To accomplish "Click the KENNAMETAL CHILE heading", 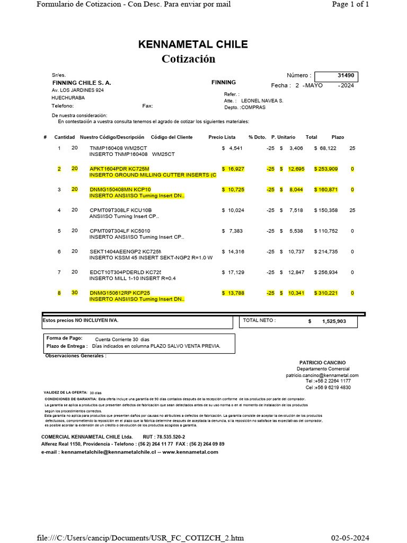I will (x=193, y=45).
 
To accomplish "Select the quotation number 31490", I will (x=346, y=75).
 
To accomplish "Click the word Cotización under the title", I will (x=188, y=58).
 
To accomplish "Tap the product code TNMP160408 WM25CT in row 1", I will (x=118, y=148).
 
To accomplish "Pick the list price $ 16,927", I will (x=233, y=169).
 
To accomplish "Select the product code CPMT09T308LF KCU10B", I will (x=120, y=210).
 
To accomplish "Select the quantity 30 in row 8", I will (x=75, y=293).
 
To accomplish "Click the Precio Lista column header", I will (x=222, y=137).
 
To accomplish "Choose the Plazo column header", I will (x=338, y=137).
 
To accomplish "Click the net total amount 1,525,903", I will (x=334, y=321).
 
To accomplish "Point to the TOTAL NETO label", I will (x=259, y=321).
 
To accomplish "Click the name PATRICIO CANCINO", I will (x=322, y=363).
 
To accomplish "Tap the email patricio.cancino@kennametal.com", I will (x=322, y=375).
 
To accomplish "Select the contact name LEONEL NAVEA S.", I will (x=262, y=100).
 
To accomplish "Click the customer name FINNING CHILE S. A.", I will (x=82, y=83).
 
